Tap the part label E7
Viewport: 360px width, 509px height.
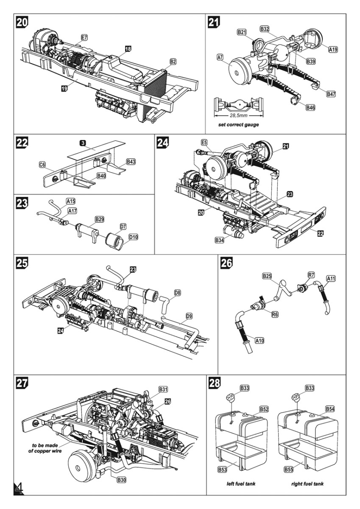[84, 38]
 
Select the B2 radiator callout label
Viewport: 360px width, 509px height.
[173, 62]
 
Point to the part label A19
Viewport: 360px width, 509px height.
[333, 50]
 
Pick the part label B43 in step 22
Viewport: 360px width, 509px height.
[131, 162]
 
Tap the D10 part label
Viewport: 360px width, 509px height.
[133, 236]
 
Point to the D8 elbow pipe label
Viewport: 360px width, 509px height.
[178, 293]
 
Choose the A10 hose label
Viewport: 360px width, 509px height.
[260, 340]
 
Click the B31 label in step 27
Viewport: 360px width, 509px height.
[163, 389]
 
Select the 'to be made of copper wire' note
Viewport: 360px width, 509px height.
[47, 448]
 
